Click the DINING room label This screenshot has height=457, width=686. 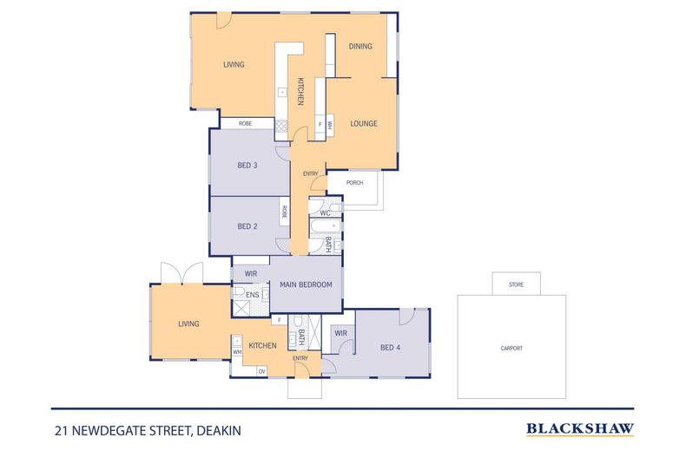[x=360, y=46]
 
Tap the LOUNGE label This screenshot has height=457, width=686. [x=363, y=123]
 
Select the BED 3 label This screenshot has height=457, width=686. [x=247, y=166]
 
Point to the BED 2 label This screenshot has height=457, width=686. [x=247, y=226]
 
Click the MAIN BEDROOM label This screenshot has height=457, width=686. [x=306, y=284]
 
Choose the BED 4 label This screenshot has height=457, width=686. [x=391, y=348]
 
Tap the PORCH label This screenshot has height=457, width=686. [x=354, y=183]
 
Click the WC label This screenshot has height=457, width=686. [x=324, y=212]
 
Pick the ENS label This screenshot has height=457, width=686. [x=252, y=296]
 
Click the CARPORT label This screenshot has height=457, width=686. [x=511, y=349]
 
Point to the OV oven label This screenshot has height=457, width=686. [x=261, y=371]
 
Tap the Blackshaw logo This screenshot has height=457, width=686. [x=580, y=428]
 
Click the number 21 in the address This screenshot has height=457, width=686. [x=61, y=428]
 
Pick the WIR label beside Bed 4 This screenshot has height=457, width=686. [x=340, y=332]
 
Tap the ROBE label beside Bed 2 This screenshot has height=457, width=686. [x=284, y=211]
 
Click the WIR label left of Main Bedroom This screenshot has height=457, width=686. [x=251, y=273]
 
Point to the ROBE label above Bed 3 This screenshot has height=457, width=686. [x=246, y=124]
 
